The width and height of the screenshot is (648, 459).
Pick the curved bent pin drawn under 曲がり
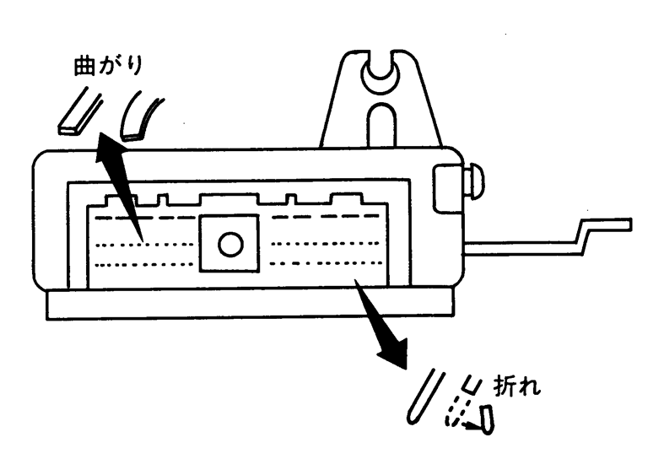tap(138, 118)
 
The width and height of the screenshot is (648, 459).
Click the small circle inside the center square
tap(229, 245)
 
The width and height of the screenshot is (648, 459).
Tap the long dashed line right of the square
tap(326, 215)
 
